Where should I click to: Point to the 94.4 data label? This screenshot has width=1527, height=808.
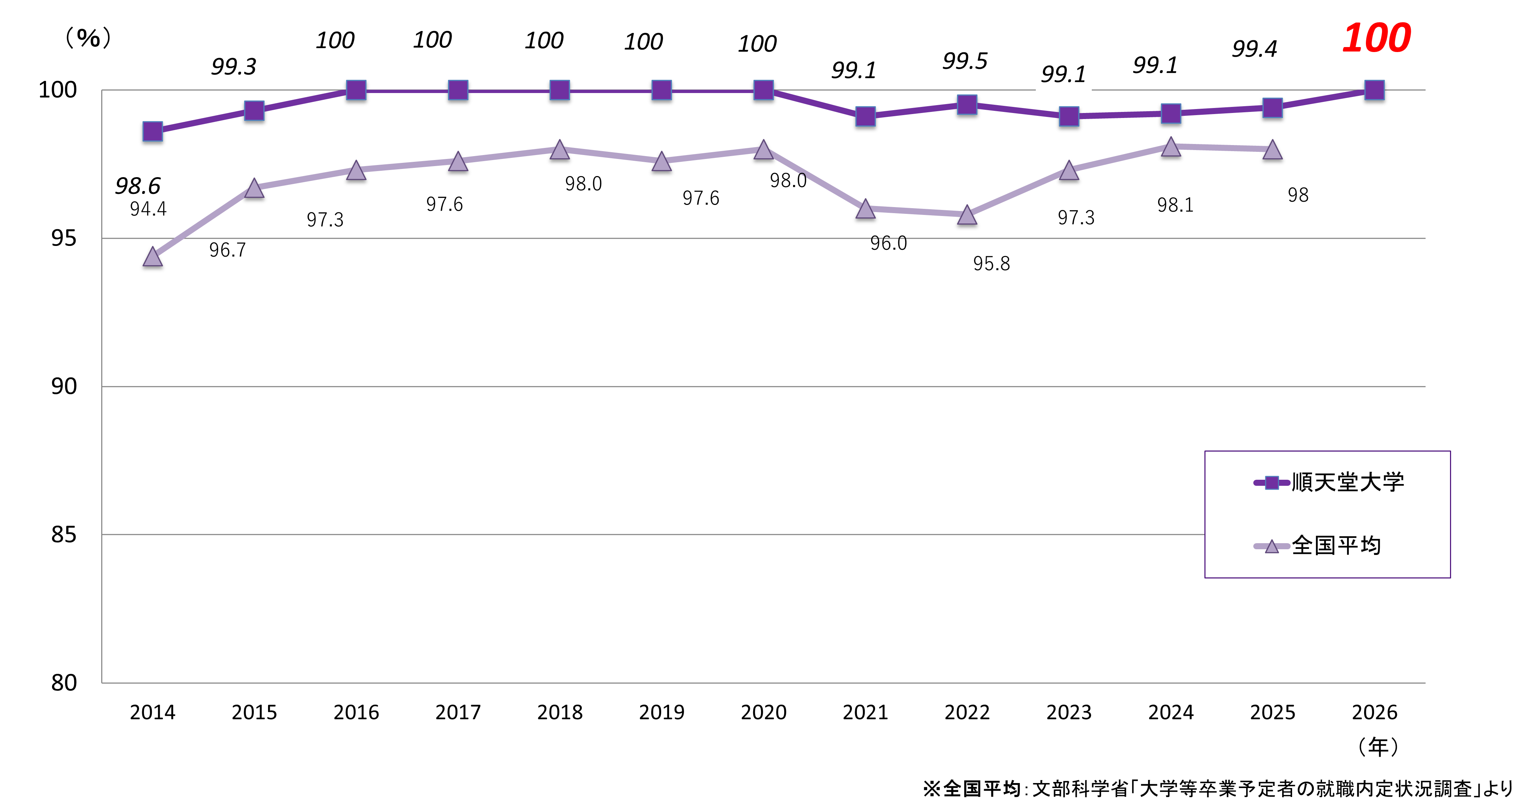click(x=148, y=209)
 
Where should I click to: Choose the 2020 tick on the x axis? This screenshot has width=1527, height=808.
click(x=763, y=712)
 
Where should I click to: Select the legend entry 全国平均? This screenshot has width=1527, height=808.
click(x=1336, y=545)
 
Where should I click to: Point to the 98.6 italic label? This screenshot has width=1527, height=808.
click(x=138, y=186)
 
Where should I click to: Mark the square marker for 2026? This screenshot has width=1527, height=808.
click(x=1374, y=90)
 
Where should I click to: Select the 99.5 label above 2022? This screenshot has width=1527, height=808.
click(x=965, y=61)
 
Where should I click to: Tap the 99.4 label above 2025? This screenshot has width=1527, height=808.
click(x=1254, y=48)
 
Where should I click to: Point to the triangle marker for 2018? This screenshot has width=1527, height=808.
click(x=560, y=149)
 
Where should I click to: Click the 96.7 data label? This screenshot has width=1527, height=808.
click(x=227, y=250)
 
